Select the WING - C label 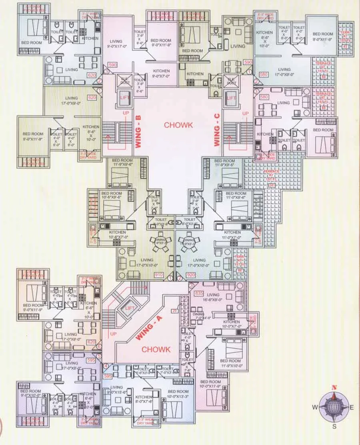click(217, 130)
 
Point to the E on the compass click(352, 407)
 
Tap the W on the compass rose click(315, 407)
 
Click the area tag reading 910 click(159, 275)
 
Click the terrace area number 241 click(272, 185)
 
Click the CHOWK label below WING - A click(156, 349)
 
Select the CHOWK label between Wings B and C click(178, 125)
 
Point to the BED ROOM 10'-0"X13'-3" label click(178, 394)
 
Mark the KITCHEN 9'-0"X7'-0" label click(161, 73)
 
